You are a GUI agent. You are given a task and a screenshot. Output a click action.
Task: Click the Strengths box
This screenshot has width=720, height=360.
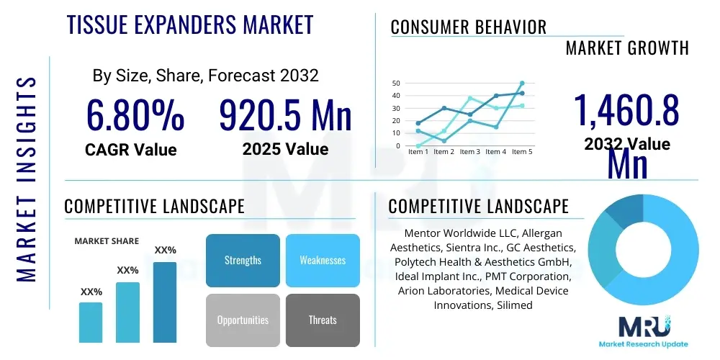[243, 261]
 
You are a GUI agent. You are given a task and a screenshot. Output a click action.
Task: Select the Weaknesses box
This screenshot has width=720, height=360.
[323, 261]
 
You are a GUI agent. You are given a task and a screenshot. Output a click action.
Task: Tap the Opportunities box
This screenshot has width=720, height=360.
[243, 320]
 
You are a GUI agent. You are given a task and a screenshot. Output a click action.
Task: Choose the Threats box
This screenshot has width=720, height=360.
[323, 320]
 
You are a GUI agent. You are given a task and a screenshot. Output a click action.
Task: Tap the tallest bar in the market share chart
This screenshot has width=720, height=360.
[165, 302]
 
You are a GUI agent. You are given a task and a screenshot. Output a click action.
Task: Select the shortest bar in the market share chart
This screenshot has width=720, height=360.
[91, 322]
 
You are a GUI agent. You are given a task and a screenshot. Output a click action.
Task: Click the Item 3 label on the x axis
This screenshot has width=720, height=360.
[469, 152]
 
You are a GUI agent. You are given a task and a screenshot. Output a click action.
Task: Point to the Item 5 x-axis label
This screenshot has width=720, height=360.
[522, 152]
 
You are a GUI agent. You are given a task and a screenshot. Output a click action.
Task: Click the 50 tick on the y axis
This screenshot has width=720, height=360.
[395, 84]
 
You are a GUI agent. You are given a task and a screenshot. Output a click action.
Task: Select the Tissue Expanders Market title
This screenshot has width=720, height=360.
[190, 25]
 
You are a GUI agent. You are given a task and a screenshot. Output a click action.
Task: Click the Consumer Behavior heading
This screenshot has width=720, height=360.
[469, 27]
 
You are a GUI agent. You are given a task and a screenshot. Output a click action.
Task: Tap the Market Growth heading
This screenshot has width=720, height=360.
[627, 48]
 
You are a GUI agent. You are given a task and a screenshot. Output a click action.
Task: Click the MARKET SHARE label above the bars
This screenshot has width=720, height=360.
[107, 241]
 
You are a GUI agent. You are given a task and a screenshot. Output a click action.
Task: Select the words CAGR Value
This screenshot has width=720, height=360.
[130, 150]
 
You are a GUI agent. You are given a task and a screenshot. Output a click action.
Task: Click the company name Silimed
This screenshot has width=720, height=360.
[513, 305]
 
